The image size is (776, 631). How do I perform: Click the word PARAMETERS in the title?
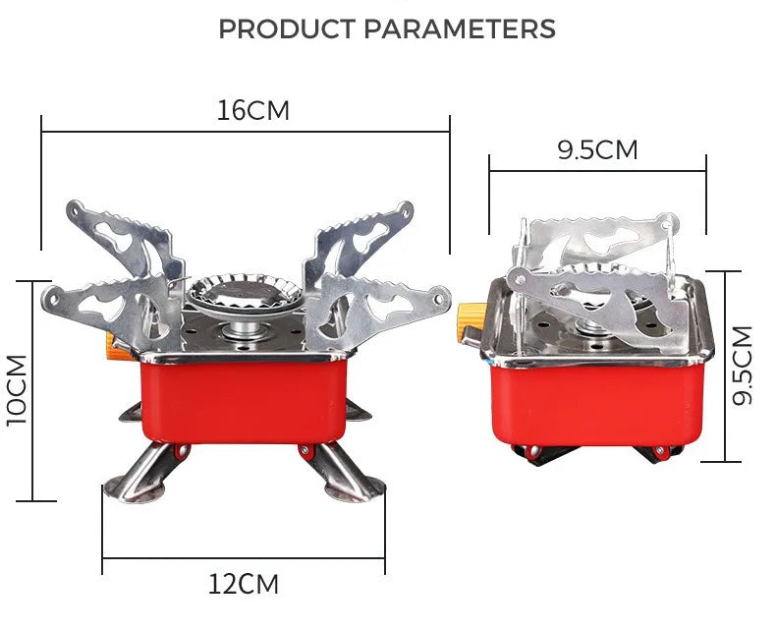[x=460, y=29]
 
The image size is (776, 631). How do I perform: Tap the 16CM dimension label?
[x=253, y=110]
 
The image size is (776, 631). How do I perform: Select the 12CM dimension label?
[x=243, y=585]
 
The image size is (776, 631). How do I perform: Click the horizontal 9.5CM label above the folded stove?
[x=597, y=150]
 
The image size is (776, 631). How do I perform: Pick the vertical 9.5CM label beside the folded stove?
[x=744, y=366]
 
